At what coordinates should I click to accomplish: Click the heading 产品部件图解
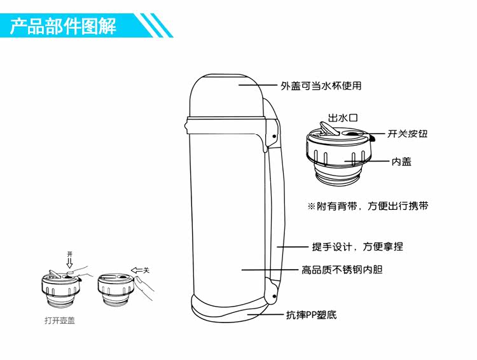(x=63, y=27)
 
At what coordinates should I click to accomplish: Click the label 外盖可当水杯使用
(x=321, y=85)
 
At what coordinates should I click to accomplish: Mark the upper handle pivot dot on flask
(x=273, y=137)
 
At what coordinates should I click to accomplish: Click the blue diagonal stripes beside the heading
(x=156, y=25)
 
